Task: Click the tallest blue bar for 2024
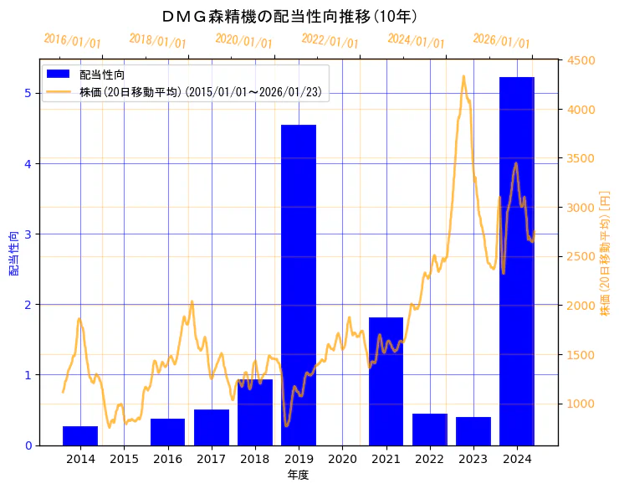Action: (517, 260)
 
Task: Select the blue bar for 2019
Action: (299, 285)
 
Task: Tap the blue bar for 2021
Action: (386, 381)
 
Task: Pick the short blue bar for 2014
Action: (80, 435)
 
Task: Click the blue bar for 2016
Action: (167, 431)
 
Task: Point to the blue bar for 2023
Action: (473, 430)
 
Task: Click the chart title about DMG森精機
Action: (289, 16)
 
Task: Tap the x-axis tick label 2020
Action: (342, 459)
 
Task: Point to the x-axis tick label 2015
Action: (124, 459)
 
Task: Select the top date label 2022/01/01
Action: (330, 42)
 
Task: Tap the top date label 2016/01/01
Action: (73, 42)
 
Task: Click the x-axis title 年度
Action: (299, 475)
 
